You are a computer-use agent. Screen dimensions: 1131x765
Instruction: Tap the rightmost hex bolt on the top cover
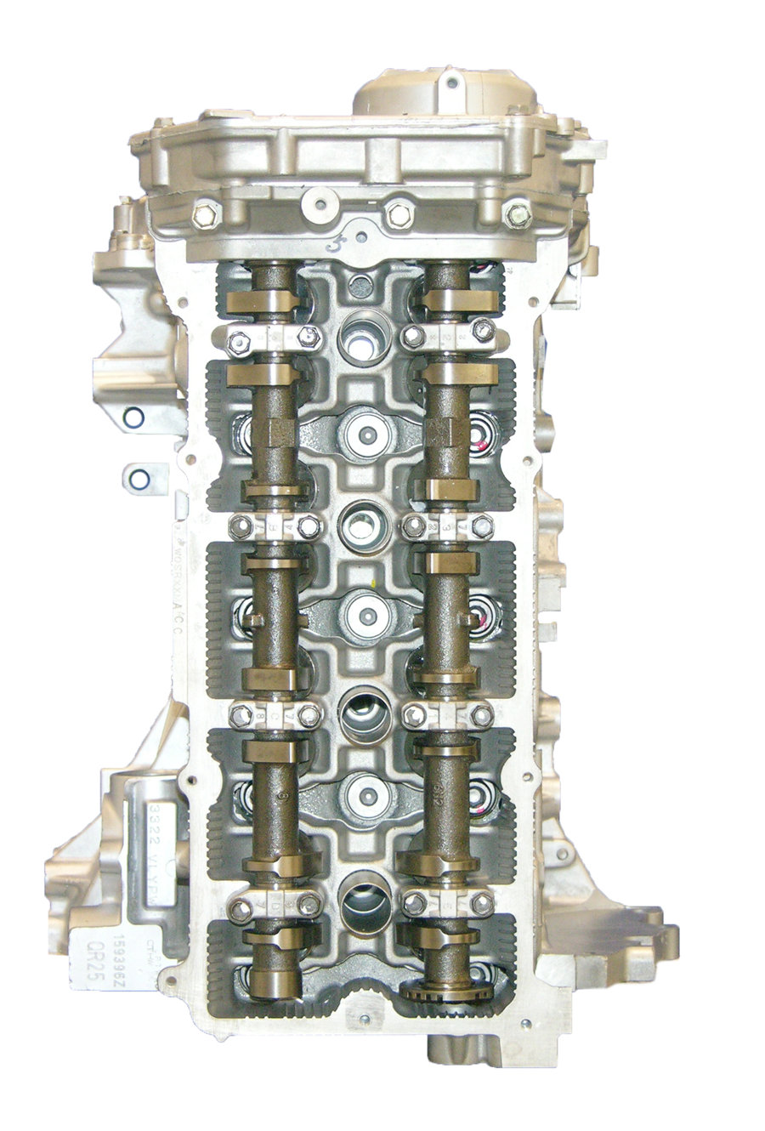[518, 214]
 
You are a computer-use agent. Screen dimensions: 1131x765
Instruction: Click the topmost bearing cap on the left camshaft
[275, 339]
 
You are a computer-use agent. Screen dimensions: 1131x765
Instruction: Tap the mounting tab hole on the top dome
[451, 83]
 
